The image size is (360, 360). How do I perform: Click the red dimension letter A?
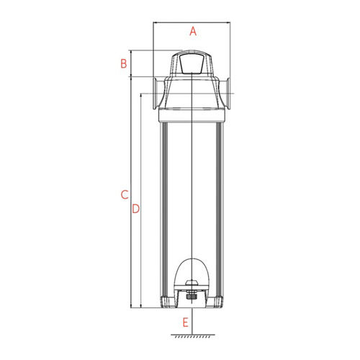[x=193, y=32]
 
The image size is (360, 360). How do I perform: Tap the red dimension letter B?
[x=124, y=63]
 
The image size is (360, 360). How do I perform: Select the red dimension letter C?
[x=125, y=194]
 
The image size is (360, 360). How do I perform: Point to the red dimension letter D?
[x=136, y=209]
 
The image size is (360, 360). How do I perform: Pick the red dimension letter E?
[x=185, y=323]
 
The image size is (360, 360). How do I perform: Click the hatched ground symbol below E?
[x=193, y=336]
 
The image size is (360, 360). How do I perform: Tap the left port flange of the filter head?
[x=156, y=94]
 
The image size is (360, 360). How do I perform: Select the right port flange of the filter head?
[x=228, y=94]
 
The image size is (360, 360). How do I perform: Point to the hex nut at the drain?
[x=192, y=297]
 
